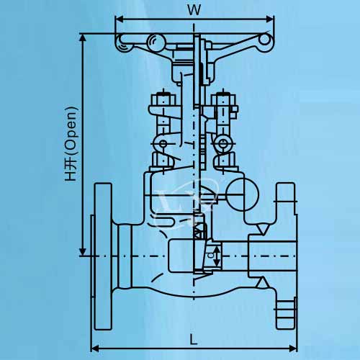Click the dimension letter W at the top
[194, 10]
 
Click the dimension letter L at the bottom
[194, 339]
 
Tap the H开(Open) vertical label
[71, 144]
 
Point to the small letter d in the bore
[211, 256]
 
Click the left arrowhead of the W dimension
[119, 19]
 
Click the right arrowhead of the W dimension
[270, 19]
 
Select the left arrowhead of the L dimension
[95, 348]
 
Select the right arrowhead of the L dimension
[293, 348]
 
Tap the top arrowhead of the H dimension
[83, 38]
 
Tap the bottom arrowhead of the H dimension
[83, 251]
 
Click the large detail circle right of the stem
[243, 194]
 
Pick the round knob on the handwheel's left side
[156, 42]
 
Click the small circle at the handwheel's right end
[264, 40]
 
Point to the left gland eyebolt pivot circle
[163, 144]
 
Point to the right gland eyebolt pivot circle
[222, 144]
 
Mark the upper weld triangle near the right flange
[262, 229]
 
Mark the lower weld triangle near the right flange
[262, 282]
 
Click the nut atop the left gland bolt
[163, 99]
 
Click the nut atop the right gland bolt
[223, 99]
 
